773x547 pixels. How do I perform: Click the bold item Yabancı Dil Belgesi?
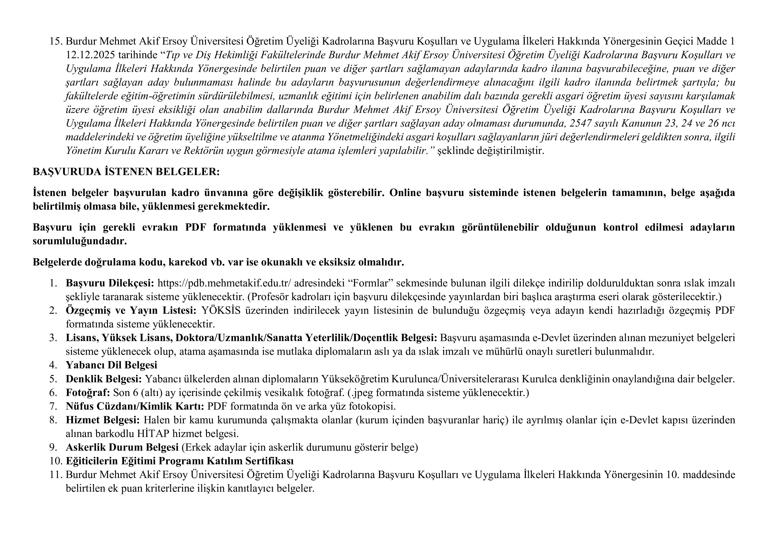click(111, 365)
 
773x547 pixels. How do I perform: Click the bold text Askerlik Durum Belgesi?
click(122, 447)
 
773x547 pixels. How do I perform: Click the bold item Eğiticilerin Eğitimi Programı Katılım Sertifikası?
click(179, 461)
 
